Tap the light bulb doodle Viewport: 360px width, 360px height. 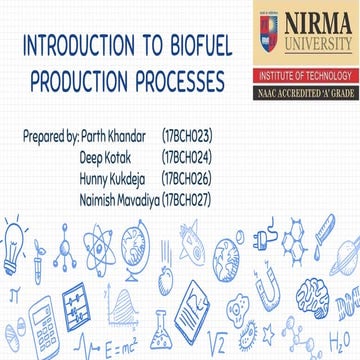(14, 244)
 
